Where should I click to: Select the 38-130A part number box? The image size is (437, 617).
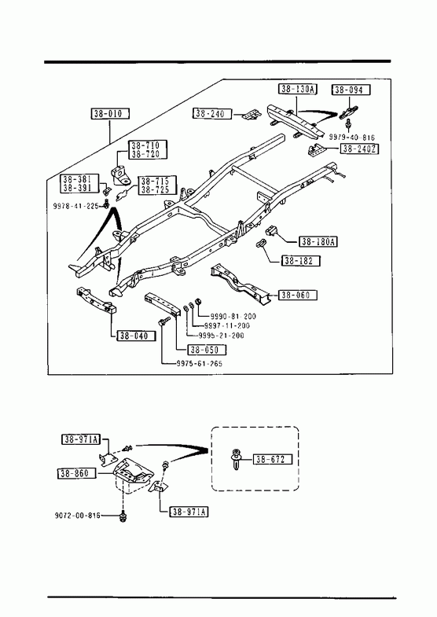point(299,89)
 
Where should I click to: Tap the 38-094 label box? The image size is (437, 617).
point(351,90)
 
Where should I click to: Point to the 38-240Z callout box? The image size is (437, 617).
point(360,149)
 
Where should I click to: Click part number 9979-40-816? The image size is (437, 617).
point(352,138)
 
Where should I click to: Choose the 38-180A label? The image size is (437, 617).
point(318,241)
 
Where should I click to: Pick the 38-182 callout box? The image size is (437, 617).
point(301,260)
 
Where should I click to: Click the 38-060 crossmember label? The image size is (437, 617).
point(298,295)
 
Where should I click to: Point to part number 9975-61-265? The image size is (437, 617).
point(200,364)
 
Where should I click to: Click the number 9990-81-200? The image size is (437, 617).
point(233,317)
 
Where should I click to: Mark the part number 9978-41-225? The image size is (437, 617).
point(76,205)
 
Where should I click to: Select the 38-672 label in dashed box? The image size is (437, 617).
point(274,459)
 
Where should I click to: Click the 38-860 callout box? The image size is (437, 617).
point(77,473)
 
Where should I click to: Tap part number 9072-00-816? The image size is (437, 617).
point(78,516)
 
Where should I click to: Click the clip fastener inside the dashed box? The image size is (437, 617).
point(237,460)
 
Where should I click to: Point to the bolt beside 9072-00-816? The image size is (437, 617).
point(123,516)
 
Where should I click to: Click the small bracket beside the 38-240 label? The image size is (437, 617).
point(252,115)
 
